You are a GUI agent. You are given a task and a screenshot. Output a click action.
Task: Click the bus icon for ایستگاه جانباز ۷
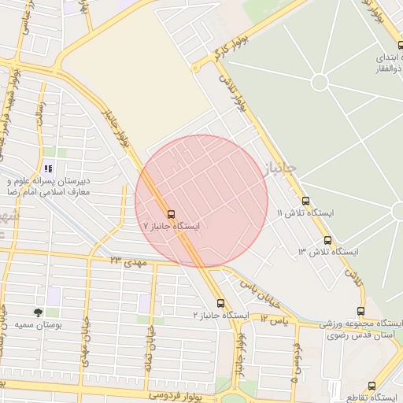(x=172, y=214)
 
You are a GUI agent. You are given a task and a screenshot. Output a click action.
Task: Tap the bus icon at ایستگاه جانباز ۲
(x=220, y=303)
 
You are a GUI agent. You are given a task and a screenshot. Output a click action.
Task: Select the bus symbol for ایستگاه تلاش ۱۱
(x=305, y=201)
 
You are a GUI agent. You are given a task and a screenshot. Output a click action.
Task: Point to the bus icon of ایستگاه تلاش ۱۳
(x=327, y=240)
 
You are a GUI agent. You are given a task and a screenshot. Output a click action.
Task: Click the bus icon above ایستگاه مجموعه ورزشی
(x=360, y=312)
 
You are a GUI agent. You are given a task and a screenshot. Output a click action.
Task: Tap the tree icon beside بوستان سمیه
(x=39, y=312)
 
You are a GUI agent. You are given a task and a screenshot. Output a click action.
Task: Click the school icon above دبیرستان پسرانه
(x=49, y=168)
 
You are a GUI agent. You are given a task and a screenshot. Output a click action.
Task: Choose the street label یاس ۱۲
(x=275, y=320)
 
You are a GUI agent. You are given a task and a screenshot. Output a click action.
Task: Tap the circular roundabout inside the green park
(x=320, y=81)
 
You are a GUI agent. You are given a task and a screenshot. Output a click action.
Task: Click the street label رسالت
(x=37, y=123)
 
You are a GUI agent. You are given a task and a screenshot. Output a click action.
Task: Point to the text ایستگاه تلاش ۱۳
(x=328, y=252)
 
